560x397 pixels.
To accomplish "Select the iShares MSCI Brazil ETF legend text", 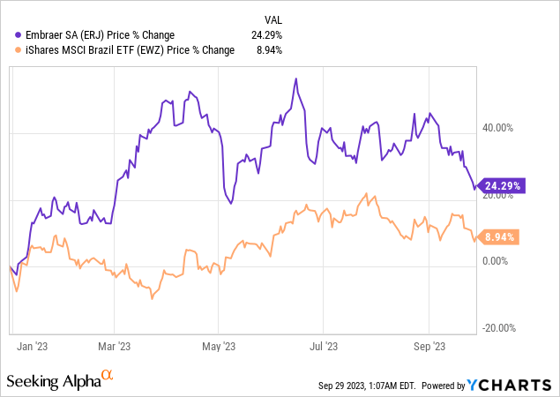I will coord(126,50).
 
